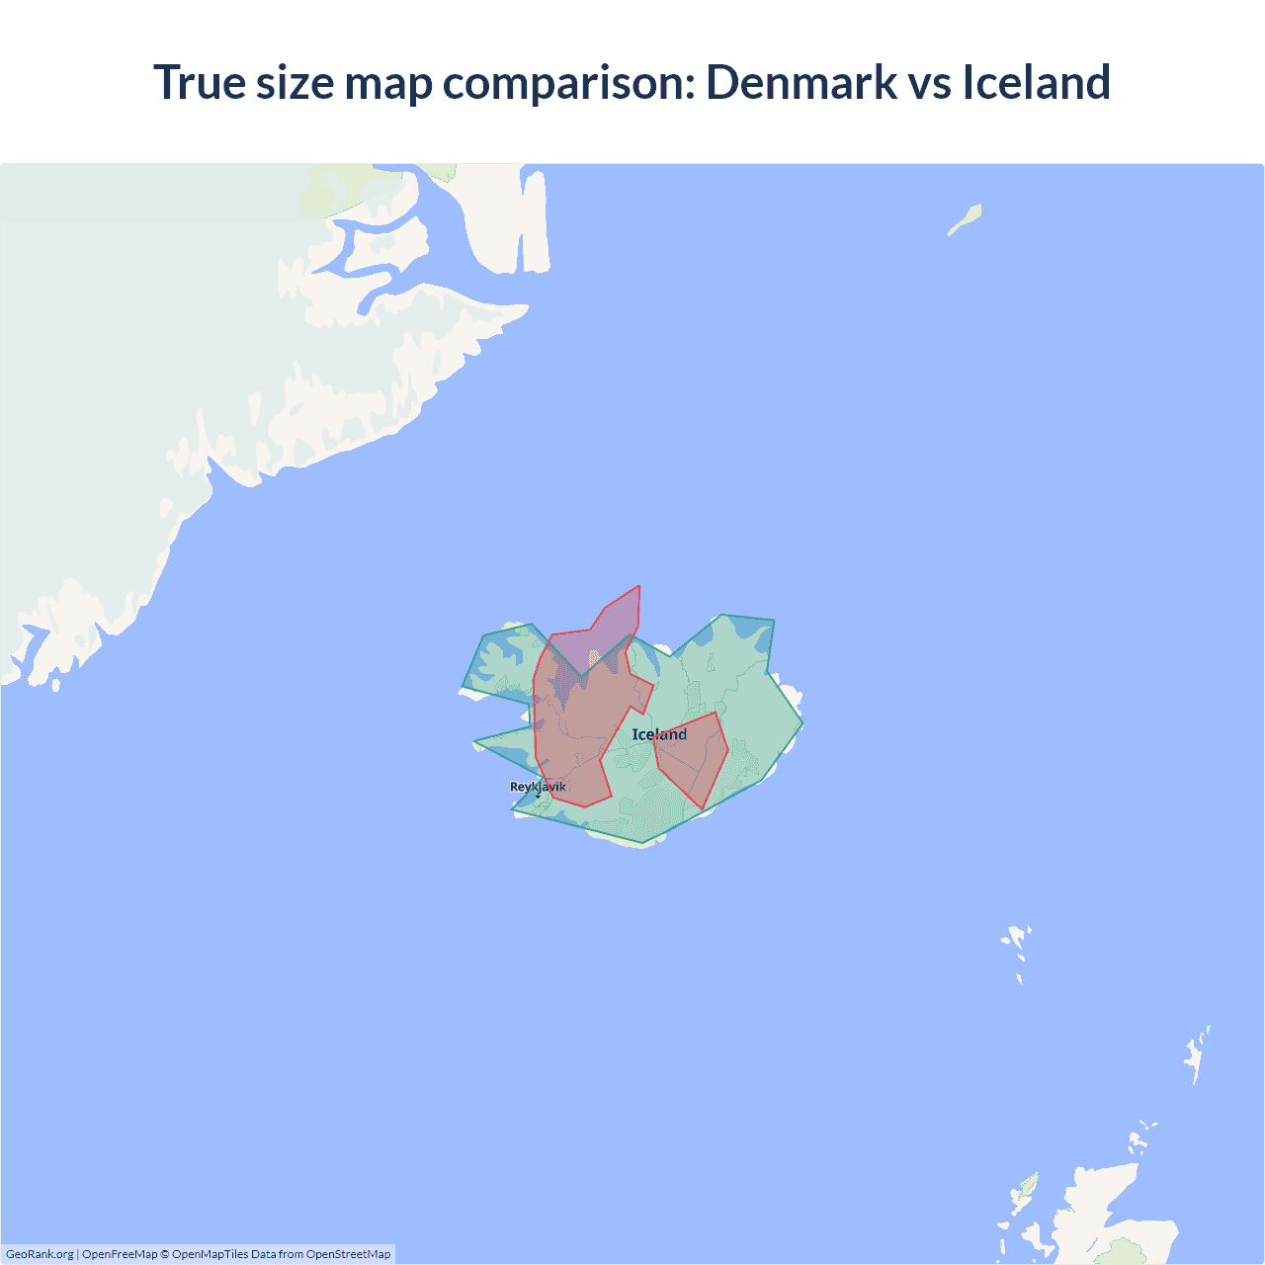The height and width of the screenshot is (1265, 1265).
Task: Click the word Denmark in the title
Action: point(801,82)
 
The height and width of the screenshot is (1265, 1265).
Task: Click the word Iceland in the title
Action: point(1036,82)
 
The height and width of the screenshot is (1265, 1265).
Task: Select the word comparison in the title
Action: point(568,84)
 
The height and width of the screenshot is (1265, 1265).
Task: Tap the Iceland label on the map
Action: point(659,734)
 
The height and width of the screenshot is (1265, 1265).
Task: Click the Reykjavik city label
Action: point(538,787)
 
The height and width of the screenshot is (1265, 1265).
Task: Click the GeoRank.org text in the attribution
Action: point(40,1254)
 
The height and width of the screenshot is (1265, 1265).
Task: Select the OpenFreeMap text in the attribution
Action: point(120,1254)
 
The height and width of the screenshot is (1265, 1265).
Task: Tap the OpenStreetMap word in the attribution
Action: point(348,1254)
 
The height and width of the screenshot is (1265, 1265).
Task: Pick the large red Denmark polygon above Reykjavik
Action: point(578,731)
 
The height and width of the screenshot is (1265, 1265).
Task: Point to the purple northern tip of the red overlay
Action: point(618,618)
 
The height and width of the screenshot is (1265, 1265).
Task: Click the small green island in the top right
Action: point(966,219)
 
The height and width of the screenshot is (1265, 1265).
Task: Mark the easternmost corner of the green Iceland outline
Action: point(802,724)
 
